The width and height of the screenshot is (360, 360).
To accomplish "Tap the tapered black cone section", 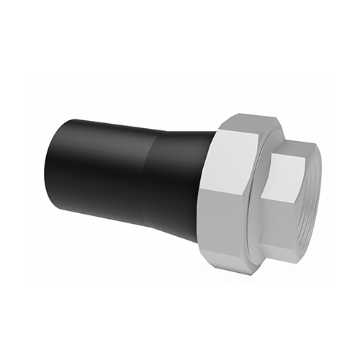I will (x=176, y=176).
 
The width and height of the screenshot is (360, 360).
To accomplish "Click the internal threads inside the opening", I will (x=311, y=194).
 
